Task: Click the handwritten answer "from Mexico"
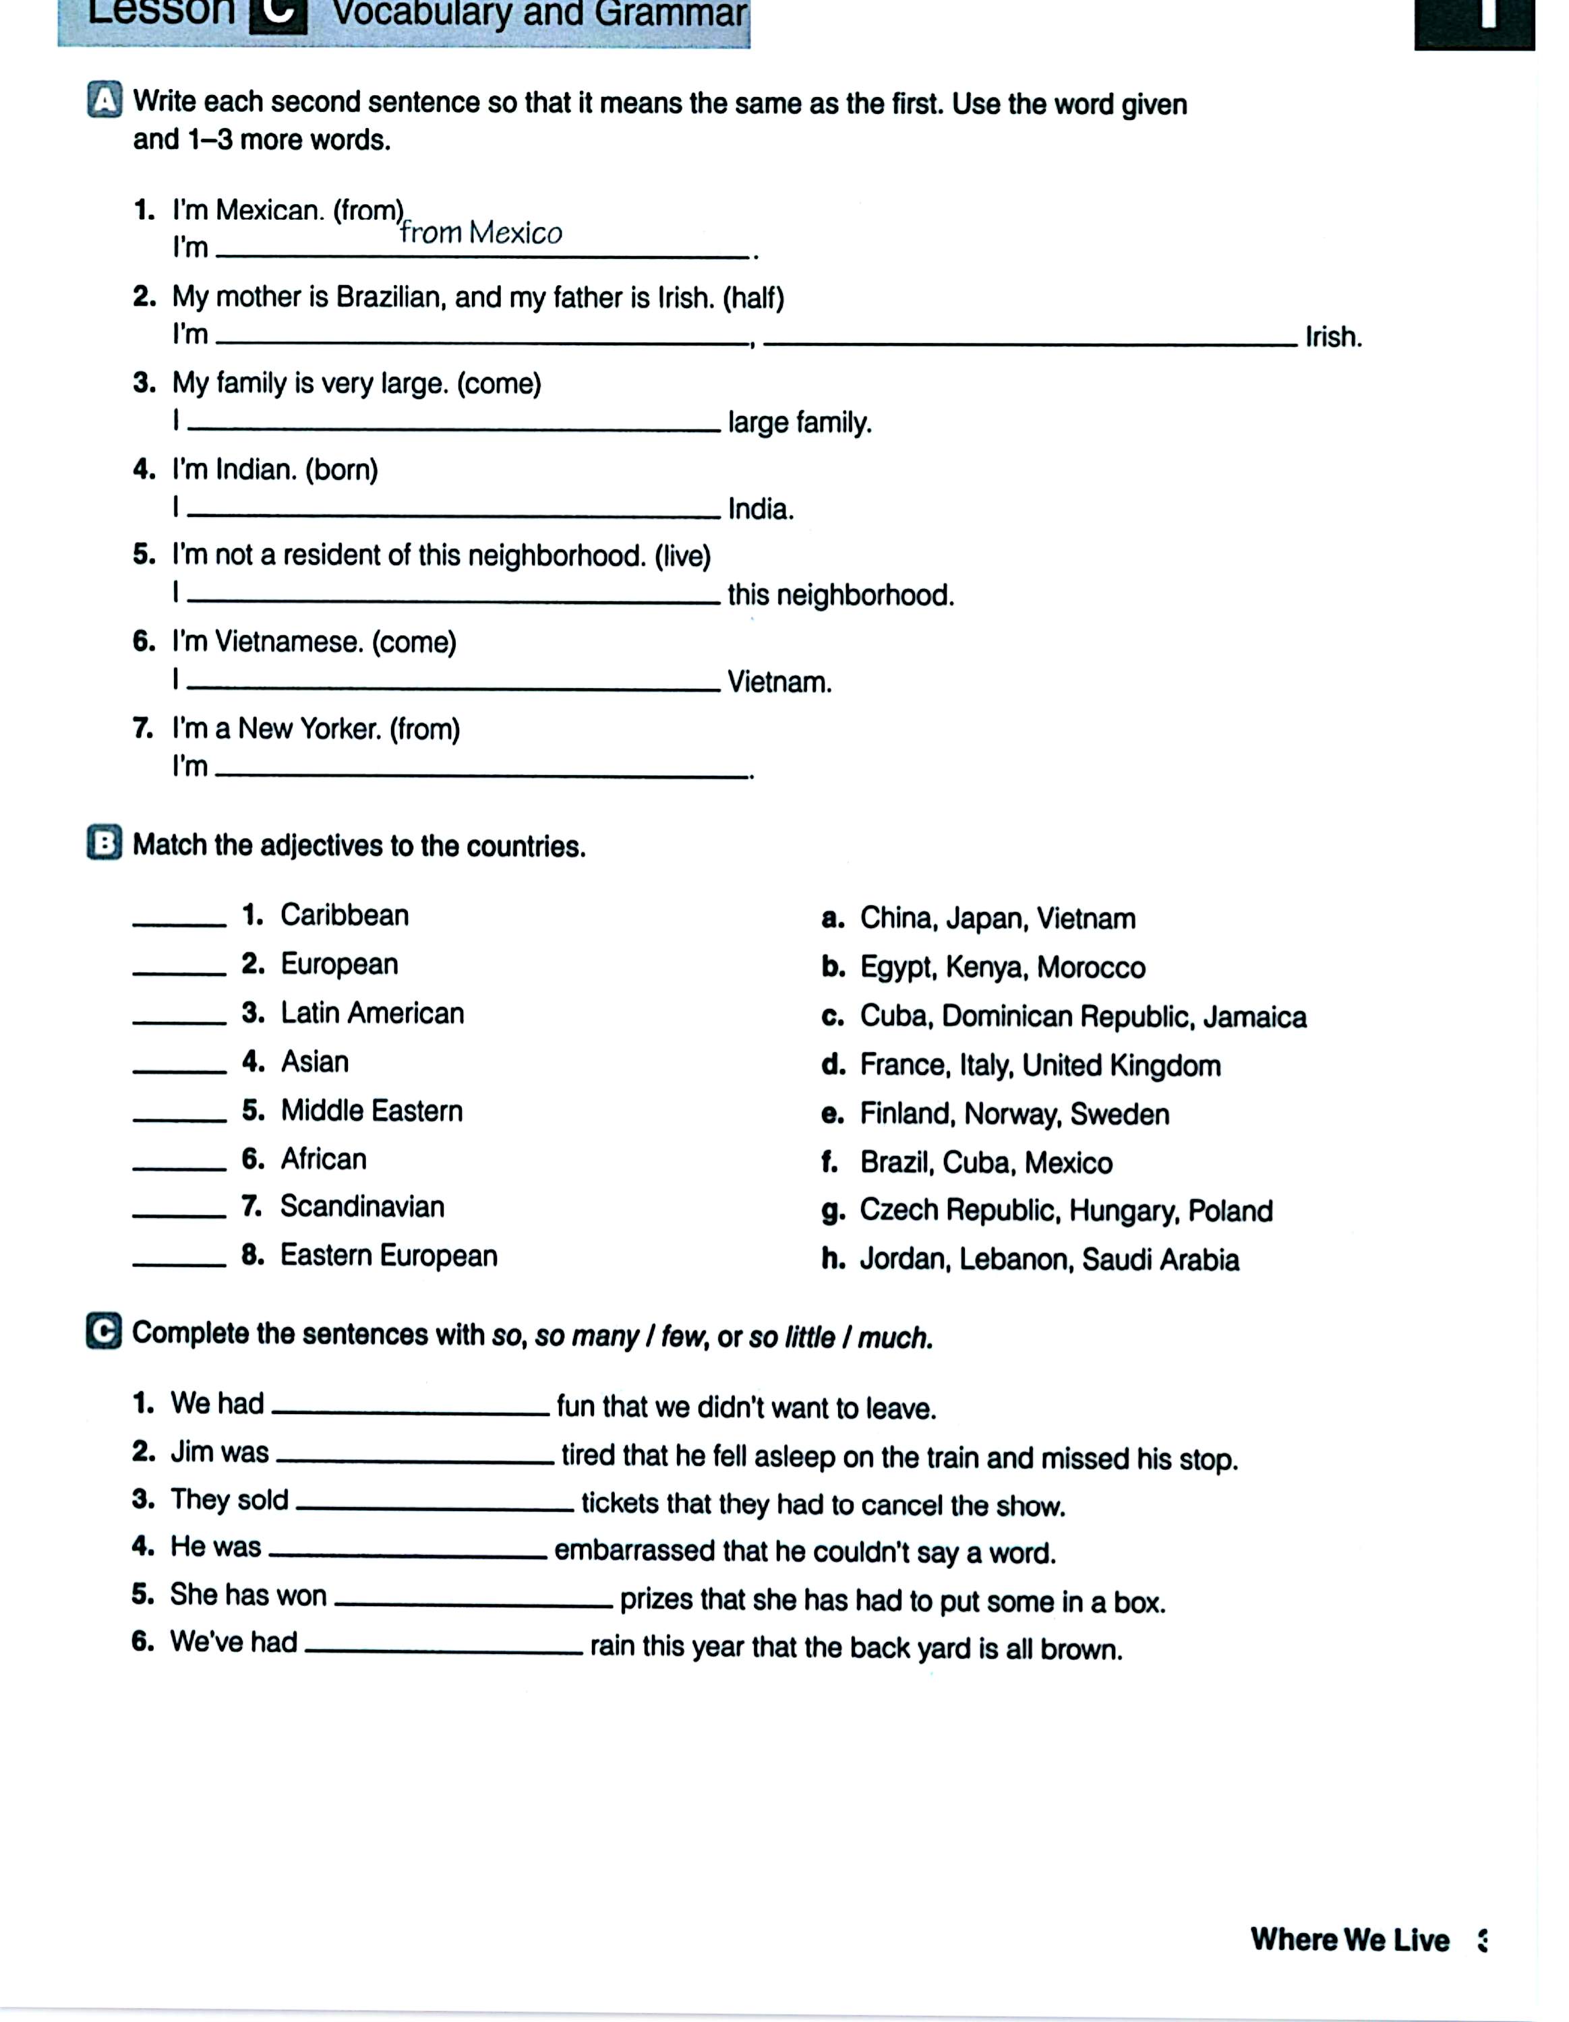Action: pos(481,233)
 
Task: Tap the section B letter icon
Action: pos(105,843)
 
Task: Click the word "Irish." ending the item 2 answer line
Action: pos(1333,337)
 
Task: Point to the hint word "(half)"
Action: pos(753,298)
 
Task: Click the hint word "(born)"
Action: pos(342,470)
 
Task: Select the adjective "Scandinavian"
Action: pos(362,1206)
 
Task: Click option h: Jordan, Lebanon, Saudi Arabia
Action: pos(1048,1259)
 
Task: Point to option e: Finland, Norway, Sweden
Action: pos(1013,1113)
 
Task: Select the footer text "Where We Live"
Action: pos(1349,1940)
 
